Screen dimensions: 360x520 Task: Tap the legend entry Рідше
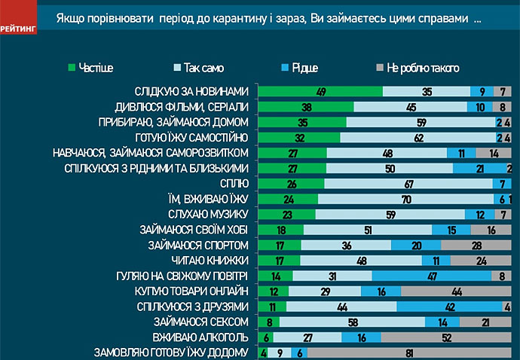303,68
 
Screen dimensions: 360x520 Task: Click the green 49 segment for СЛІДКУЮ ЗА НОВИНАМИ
320,90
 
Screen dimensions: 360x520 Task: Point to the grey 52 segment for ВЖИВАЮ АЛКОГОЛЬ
446,337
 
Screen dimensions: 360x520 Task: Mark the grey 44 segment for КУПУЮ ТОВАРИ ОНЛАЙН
456,291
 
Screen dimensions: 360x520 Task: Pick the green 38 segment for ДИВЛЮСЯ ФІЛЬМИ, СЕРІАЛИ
306,106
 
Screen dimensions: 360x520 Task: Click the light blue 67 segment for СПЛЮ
408,183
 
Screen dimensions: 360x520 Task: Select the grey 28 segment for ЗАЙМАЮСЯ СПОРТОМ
476,246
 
